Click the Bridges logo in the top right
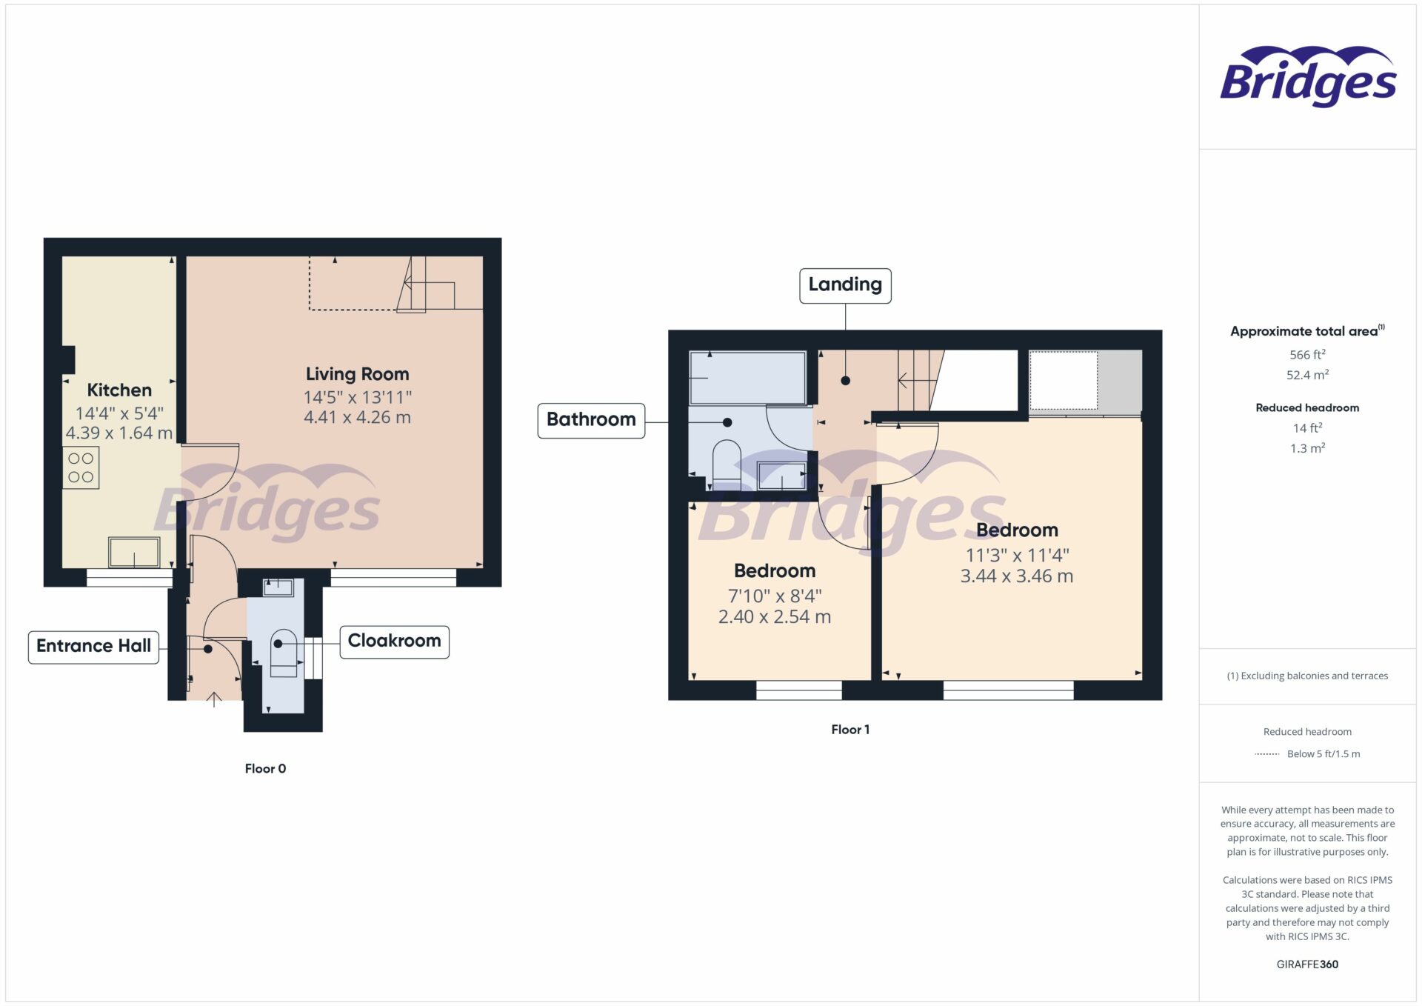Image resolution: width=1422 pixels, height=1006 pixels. (x=1308, y=77)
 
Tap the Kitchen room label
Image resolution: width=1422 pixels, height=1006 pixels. (x=119, y=390)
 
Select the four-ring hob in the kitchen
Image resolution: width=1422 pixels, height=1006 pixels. (x=81, y=468)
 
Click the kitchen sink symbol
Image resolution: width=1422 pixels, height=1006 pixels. (x=134, y=553)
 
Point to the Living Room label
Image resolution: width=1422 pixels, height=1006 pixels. (x=357, y=374)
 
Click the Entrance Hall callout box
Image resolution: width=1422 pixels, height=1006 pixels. (x=93, y=647)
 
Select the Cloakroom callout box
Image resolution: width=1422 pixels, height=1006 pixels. (x=394, y=642)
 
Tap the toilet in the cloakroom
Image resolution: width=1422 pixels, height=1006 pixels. (x=284, y=652)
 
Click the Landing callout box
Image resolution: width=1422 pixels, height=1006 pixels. (x=845, y=285)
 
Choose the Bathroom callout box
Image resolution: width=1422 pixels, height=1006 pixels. (x=591, y=420)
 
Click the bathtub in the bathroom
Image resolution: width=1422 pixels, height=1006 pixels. (x=747, y=378)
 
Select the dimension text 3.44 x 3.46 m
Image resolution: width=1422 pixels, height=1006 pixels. (x=1016, y=576)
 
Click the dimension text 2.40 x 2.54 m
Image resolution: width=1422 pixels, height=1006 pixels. (x=775, y=617)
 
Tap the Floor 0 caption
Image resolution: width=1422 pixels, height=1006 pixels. (x=265, y=769)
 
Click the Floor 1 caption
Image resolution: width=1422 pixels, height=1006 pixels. (x=850, y=730)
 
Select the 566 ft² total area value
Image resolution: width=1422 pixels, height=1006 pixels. (x=1307, y=355)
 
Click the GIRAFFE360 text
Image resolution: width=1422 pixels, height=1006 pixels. (x=1307, y=965)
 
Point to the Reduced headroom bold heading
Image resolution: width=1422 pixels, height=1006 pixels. (x=1307, y=407)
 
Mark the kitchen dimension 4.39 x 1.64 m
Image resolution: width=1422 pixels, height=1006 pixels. (x=119, y=433)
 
